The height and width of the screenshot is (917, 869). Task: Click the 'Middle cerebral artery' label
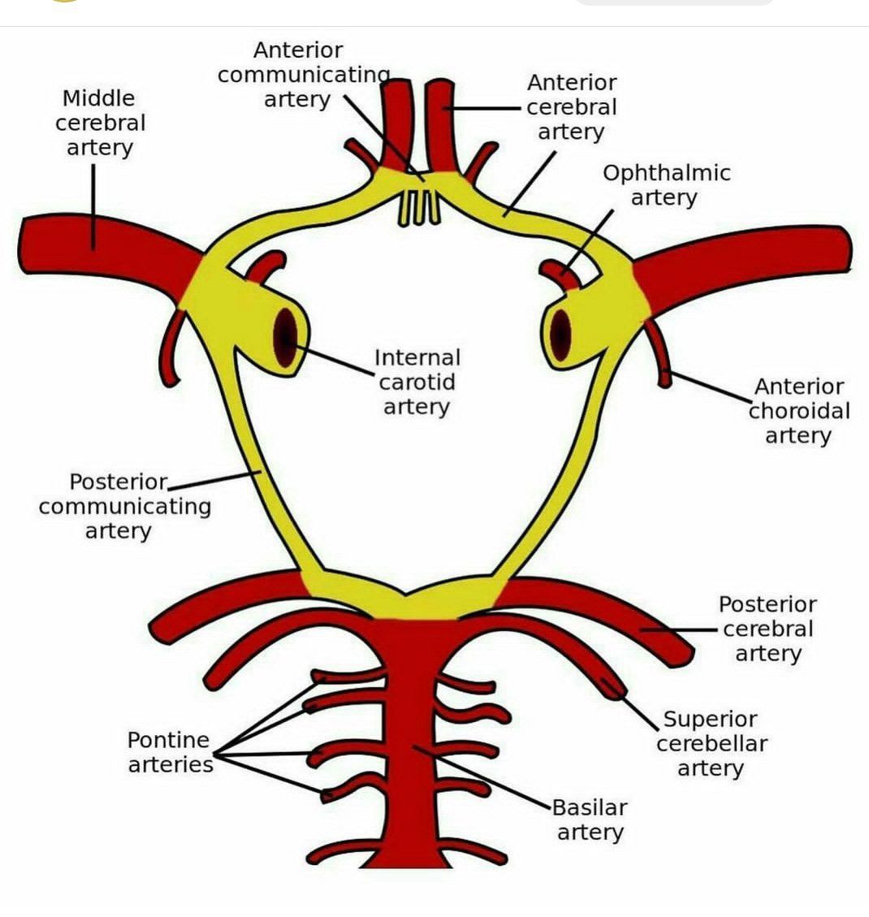coord(100,123)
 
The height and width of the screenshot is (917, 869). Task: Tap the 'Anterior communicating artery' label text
coord(300,75)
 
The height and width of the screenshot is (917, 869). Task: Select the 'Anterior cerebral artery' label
coord(572,107)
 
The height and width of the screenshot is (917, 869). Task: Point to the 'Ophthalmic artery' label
coord(666,185)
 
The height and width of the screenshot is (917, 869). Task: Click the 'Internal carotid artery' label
coord(417,382)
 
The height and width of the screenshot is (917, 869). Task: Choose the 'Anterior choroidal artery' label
coord(798,411)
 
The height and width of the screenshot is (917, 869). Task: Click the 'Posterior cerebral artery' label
coord(767,629)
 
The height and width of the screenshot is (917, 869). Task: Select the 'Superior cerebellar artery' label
coord(711,743)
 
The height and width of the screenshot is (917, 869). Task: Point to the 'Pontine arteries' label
coord(170,752)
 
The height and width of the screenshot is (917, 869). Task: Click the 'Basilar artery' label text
coord(590,820)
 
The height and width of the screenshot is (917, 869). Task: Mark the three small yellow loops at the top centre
coord(419,208)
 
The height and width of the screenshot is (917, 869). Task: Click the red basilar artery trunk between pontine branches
coord(410,731)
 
